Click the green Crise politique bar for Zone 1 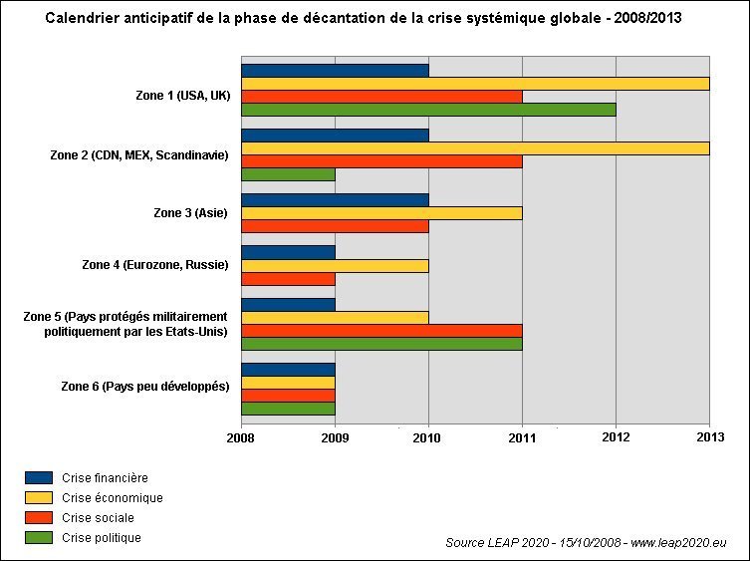[428, 110]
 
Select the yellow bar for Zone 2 [475, 148]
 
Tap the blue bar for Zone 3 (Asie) [335, 200]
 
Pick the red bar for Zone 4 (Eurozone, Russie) [288, 278]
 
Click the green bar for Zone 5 [381, 344]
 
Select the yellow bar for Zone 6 [288, 383]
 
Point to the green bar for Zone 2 [288, 174]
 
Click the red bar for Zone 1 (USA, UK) [381, 97]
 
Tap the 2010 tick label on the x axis [428, 436]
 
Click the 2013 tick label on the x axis [709, 436]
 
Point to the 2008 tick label [241, 436]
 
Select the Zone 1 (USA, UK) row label [182, 95]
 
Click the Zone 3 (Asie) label [191, 212]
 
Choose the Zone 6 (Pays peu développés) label [145, 386]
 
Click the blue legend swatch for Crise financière [39, 478]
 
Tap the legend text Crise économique [113, 498]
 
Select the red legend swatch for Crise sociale [39, 518]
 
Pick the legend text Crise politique [102, 538]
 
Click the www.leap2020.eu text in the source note [679, 543]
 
